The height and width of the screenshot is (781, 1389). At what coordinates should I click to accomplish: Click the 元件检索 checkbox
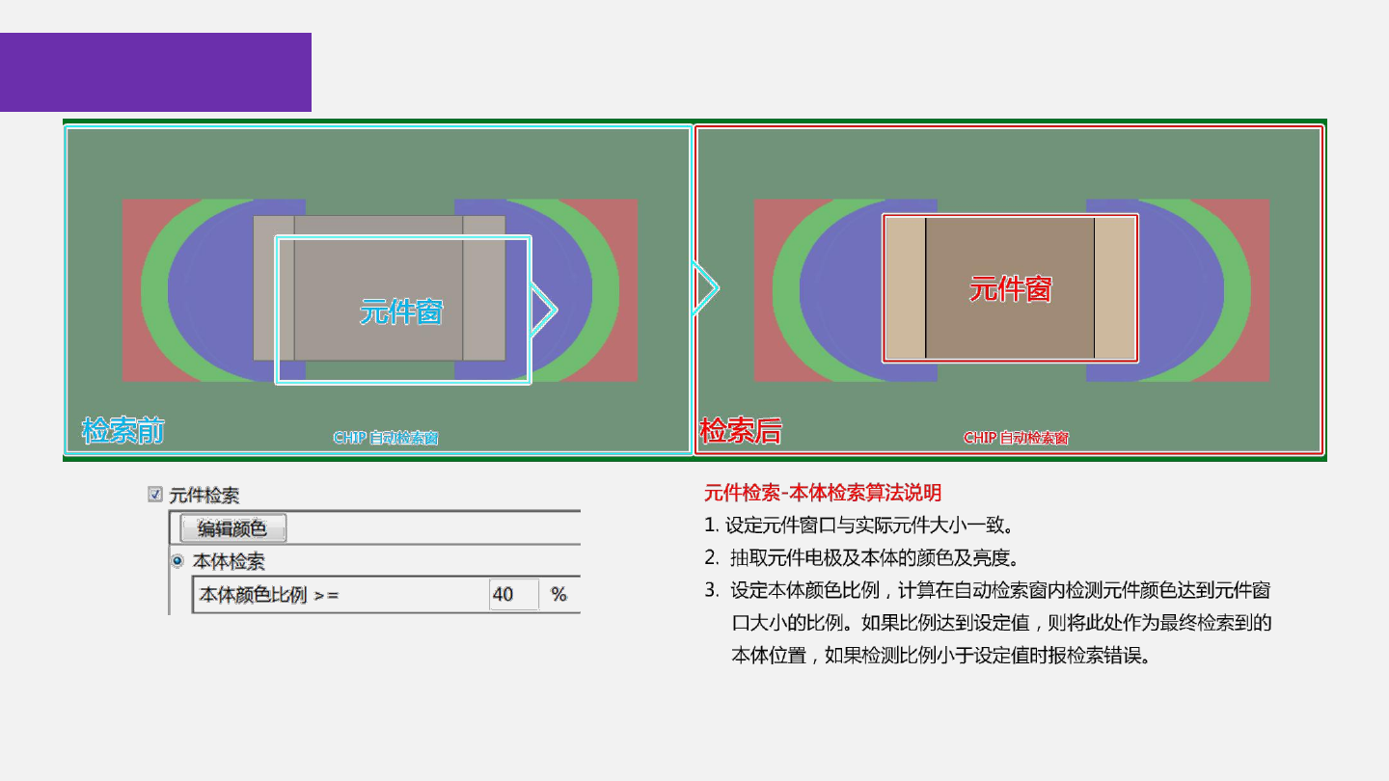click(154, 495)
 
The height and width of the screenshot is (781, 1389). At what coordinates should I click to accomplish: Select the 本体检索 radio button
click(177, 560)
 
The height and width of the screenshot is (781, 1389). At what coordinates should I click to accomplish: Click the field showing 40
click(513, 595)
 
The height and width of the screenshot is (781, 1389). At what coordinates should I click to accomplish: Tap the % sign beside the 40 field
click(558, 595)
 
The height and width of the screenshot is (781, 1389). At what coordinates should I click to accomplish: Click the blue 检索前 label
click(123, 430)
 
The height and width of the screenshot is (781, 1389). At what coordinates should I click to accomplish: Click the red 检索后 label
click(740, 430)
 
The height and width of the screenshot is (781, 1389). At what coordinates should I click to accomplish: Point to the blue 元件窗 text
click(401, 311)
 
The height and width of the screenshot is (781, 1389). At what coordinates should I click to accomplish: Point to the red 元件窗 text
click(1010, 288)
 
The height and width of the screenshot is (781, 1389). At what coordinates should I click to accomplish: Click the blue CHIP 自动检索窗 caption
click(386, 438)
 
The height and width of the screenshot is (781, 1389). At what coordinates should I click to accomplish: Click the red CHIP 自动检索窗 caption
click(1016, 438)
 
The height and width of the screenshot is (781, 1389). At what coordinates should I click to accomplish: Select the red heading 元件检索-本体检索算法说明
click(823, 494)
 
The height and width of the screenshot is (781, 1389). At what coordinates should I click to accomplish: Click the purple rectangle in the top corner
click(155, 72)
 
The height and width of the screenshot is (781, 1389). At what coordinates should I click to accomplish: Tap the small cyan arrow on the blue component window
click(543, 310)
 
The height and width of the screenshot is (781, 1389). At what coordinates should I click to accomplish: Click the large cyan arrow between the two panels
click(705, 287)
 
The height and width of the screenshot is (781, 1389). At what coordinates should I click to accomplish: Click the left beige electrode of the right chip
click(905, 288)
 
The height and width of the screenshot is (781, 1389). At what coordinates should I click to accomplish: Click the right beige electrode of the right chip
click(1115, 288)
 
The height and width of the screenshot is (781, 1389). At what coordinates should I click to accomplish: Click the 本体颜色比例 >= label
click(269, 595)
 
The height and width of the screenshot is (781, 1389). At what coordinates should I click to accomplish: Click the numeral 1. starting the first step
click(711, 525)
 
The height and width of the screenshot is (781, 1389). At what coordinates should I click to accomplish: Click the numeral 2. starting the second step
click(711, 557)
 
